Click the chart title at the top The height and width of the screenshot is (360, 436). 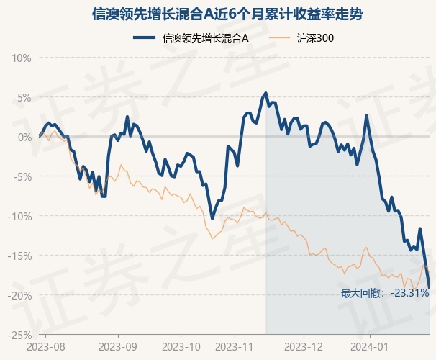pyautogui.click(x=218, y=14)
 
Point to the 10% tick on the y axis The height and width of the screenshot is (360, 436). pyautogui.click(x=22, y=58)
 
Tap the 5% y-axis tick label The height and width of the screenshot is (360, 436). pyautogui.click(x=24, y=97)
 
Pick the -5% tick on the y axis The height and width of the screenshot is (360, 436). pyautogui.click(x=22, y=176)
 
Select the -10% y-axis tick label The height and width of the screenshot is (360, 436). pyautogui.click(x=20, y=216)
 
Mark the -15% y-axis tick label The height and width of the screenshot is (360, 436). pyautogui.click(x=20, y=256)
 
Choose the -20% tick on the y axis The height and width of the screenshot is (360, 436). pyautogui.click(x=20, y=295)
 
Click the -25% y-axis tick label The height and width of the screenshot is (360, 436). pyautogui.click(x=20, y=335)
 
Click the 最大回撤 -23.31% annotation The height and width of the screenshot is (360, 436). pyautogui.click(x=385, y=293)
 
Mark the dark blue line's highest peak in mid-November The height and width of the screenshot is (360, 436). pyautogui.click(x=266, y=93)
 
